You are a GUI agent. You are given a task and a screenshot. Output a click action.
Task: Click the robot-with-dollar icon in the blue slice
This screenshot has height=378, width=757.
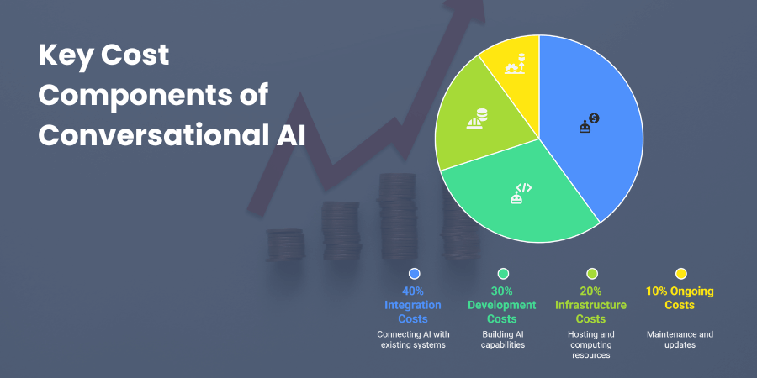589,124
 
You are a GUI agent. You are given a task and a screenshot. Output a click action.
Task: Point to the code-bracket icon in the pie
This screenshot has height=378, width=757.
521,193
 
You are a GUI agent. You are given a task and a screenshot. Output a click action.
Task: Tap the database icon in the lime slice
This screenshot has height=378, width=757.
477,118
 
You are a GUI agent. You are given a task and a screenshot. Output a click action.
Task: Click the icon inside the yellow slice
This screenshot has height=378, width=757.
515,64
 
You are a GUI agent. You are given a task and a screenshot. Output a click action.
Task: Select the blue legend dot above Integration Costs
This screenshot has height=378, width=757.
413,273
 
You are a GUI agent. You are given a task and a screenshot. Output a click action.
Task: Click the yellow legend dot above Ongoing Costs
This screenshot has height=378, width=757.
680,273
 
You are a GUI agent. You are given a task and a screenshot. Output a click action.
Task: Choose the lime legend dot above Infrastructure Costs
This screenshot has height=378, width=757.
592,273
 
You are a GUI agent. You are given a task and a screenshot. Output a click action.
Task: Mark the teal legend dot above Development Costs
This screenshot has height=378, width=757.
503,273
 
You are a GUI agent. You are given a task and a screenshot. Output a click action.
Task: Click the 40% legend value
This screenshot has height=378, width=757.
413,291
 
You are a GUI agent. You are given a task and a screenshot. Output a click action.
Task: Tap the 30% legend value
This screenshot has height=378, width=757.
503,291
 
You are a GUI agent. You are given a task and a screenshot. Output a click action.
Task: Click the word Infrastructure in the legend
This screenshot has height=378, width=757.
592,305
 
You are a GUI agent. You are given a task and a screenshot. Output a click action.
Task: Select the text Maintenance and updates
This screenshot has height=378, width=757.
680,340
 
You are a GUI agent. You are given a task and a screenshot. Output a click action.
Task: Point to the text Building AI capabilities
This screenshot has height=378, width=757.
503,340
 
